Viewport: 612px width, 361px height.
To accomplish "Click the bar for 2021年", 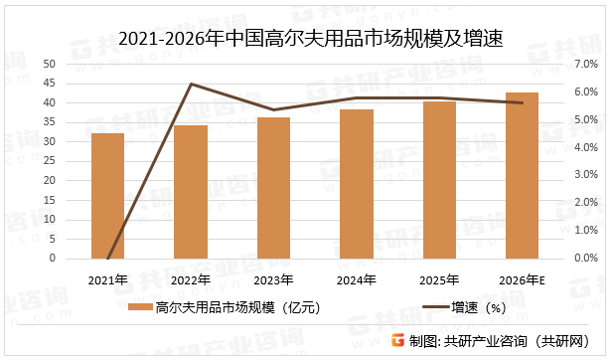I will tap(107, 196).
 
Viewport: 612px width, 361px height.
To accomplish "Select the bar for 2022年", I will tap(191, 192).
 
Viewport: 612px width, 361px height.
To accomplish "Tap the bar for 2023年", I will tap(273, 188).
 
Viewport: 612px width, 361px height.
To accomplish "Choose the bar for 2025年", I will tap(439, 180).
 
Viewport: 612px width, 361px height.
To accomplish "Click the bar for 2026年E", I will tap(522, 175).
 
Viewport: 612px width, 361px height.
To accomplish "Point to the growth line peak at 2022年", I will tap(191, 84).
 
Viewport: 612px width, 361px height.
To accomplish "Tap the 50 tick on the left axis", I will tap(49, 64).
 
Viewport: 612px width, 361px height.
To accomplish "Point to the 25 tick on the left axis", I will tap(49, 161).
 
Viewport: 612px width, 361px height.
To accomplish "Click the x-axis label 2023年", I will tap(273, 279).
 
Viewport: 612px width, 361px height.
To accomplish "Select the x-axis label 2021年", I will tap(107, 279).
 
